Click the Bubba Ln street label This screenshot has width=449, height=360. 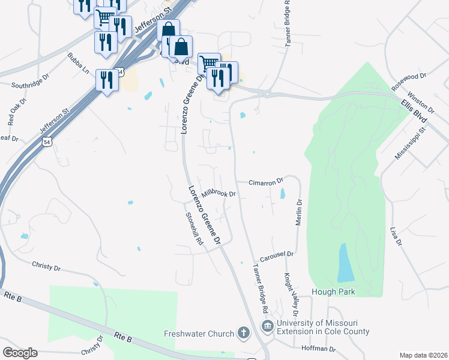(x=78, y=63)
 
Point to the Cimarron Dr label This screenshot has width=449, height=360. (x=267, y=181)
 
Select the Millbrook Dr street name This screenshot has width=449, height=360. (x=220, y=193)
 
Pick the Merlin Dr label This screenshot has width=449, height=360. (x=298, y=213)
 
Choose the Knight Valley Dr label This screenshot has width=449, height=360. (x=290, y=295)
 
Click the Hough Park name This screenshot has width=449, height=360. (x=333, y=292)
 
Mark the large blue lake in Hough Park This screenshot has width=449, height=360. (x=346, y=263)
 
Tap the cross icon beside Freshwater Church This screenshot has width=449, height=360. (x=244, y=332)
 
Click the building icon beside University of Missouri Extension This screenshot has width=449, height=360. (x=268, y=326)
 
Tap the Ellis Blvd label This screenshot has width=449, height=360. (x=414, y=111)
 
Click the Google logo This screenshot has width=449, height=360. (x=20, y=353)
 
